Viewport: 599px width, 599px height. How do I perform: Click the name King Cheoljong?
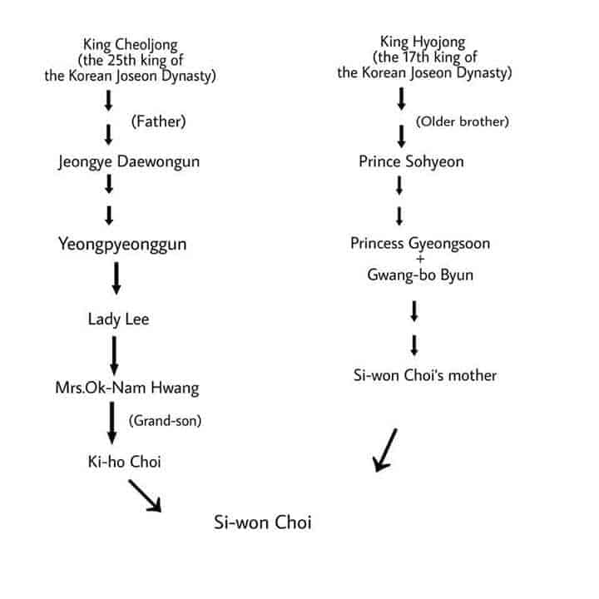(130, 43)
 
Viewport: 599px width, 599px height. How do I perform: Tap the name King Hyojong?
(423, 41)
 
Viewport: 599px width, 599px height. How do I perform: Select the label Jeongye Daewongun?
(128, 162)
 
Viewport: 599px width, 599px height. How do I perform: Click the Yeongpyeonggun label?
(121, 244)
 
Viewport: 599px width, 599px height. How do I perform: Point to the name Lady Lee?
(118, 319)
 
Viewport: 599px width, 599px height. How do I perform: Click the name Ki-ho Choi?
(124, 461)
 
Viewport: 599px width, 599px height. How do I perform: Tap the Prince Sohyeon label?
(411, 161)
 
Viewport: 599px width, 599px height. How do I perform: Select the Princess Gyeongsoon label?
(420, 244)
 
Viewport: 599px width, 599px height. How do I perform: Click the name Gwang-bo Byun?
(420, 275)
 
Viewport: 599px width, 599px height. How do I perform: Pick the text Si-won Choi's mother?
(424, 375)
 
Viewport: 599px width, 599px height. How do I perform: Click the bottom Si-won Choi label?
(263, 523)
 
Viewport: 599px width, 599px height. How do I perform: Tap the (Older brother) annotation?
(462, 122)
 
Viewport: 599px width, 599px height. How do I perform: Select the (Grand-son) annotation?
(166, 422)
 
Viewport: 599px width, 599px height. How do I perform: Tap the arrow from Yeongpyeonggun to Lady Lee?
(116, 279)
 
